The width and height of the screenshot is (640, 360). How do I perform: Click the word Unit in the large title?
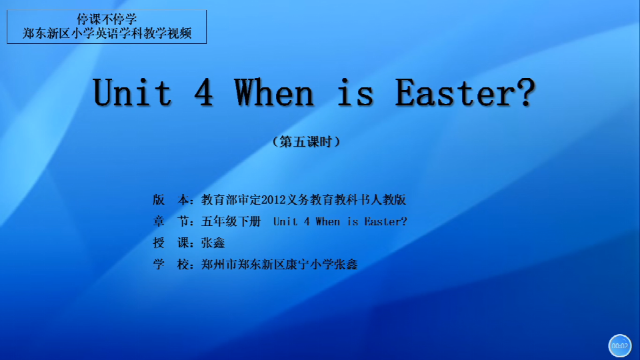click(x=132, y=93)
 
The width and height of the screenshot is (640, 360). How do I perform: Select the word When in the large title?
click(x=274, y=93)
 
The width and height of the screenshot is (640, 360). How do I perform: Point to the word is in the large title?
click(x=355, y=93)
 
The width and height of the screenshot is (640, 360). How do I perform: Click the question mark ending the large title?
click(x=527, y=93)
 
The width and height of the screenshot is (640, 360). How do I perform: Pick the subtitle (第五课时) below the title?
click(x=306, y=142)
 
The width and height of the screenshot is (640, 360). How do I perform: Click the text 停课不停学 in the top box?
click(x=107, y=19)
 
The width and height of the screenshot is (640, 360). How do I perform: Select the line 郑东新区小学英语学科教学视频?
click(x=107, y=33)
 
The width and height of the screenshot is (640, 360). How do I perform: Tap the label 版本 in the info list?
click(x=171, y=199)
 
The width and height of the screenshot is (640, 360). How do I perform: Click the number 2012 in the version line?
click(x=273, y=200)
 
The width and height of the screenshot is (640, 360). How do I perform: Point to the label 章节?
click(x=171, y=221)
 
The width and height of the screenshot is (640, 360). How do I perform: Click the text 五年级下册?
click(x=231, y=221)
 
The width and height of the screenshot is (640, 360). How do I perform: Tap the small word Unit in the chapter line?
click(x=285, y=221)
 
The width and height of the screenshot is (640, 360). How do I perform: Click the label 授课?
click(x=171, y=243)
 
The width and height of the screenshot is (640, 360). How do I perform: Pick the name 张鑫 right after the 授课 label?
click(x=213, y=243)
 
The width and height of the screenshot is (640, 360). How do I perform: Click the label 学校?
click(x=171, y=265)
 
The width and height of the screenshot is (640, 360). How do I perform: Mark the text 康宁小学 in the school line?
click(x=309, y=265)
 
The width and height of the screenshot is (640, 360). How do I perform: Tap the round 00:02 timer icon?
click(x=619, y=346)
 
